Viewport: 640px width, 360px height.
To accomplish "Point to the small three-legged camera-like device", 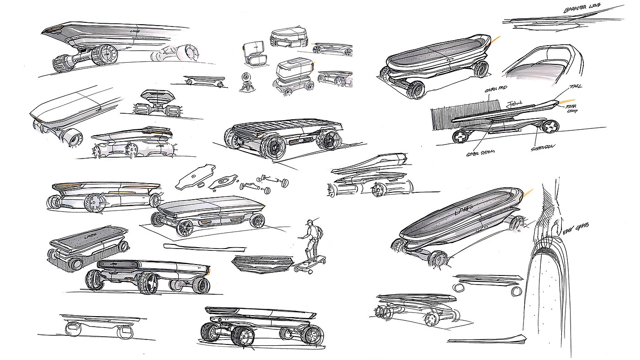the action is point(247,83).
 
